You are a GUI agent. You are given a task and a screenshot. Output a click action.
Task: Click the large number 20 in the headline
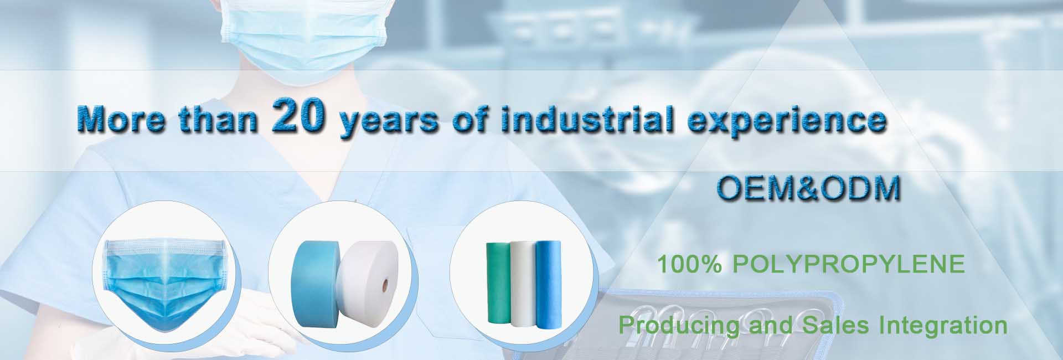298,114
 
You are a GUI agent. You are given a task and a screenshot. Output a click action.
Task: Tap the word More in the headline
121,119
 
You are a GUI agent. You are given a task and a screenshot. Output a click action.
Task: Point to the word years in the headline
389,122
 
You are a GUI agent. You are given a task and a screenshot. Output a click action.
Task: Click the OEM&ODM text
809,188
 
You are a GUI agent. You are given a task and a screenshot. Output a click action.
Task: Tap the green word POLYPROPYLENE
849,264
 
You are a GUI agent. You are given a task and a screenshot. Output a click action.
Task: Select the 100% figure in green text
690,264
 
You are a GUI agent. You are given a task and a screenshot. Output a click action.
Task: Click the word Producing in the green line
679,325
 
